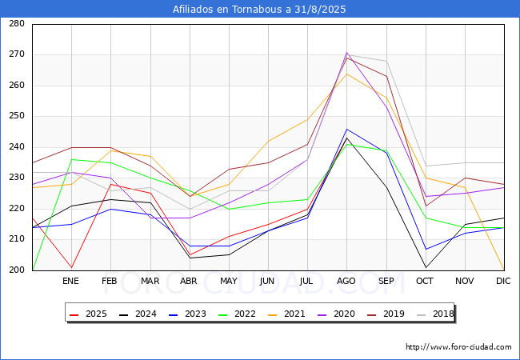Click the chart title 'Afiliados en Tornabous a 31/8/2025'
tap(260, 9)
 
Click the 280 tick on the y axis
tap(16, 24)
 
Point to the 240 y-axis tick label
tap(16, 147)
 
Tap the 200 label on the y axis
tap(16, 270)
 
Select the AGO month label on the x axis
tap(346, 281)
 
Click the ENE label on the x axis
tap(71, 281)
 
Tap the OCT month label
tap(425, 281)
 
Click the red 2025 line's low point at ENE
tap(71, 267)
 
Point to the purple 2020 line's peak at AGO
tap(346, 53)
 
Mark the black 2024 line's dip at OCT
tap(425, 267)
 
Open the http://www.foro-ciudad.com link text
tap(458, 347)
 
